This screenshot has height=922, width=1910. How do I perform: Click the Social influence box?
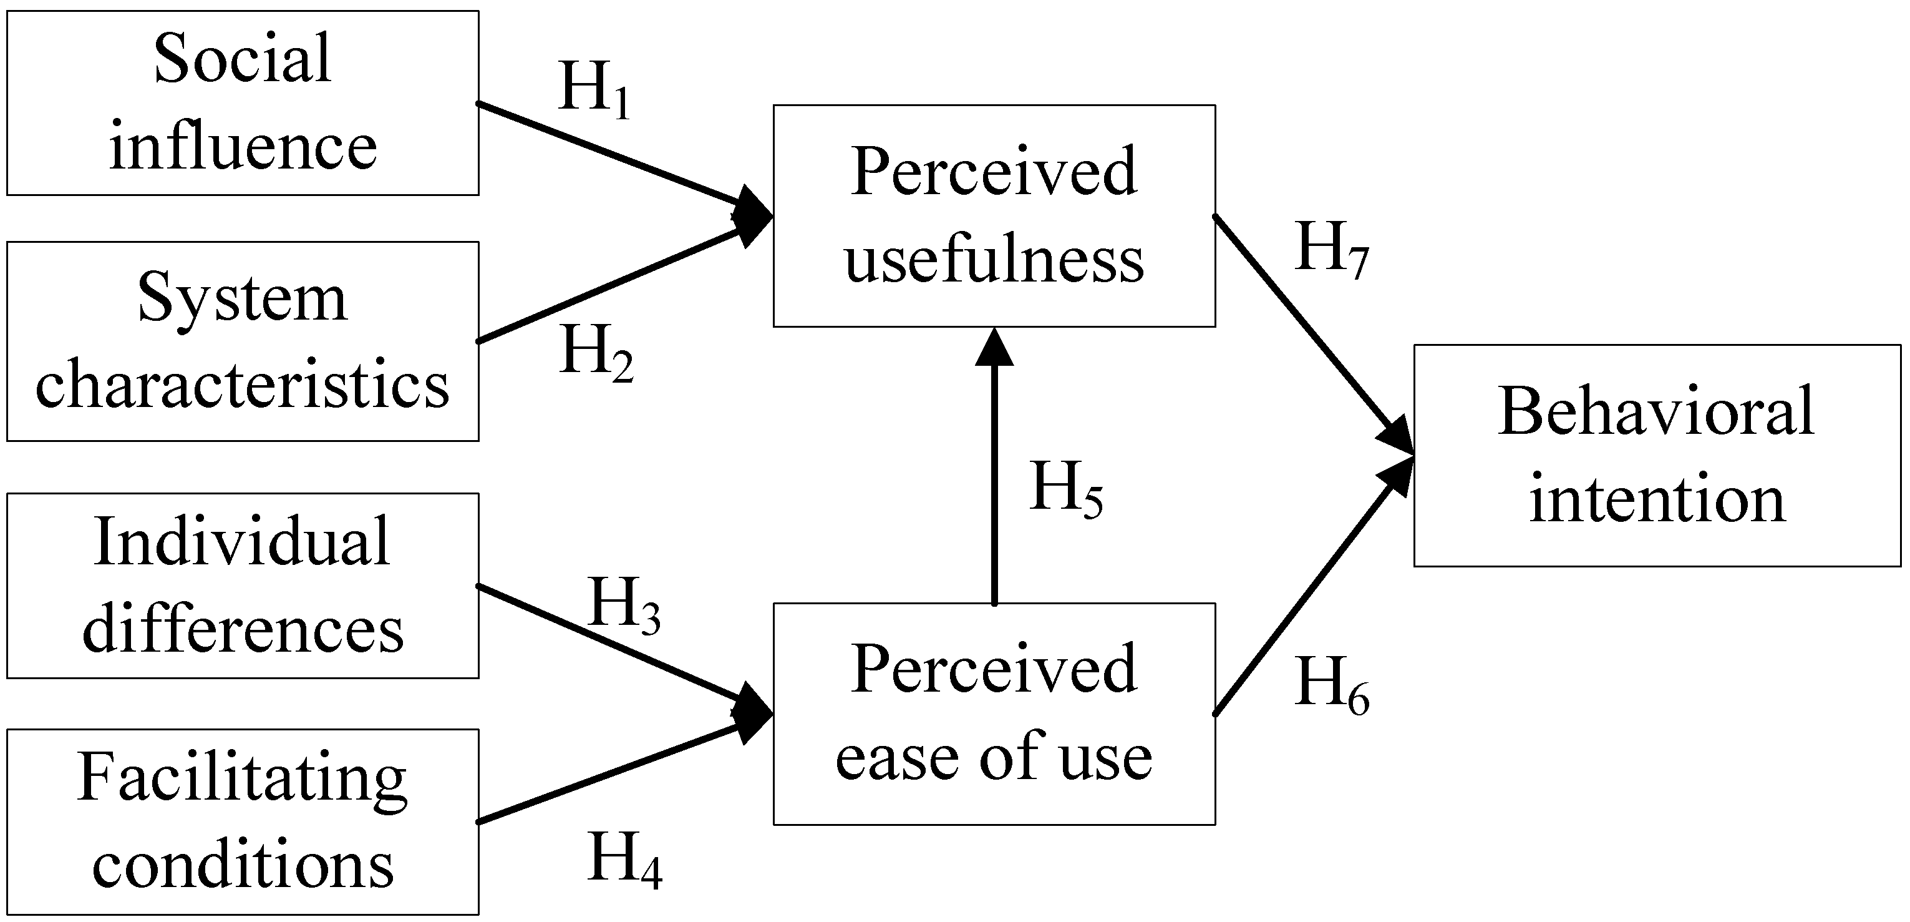coord(243,102)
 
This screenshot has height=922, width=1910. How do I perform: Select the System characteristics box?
coord(243,341)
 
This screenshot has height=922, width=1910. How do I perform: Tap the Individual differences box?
coord(243,586)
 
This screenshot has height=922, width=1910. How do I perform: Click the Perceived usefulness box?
coord(994,215)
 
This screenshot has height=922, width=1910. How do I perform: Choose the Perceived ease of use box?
coord(994,714)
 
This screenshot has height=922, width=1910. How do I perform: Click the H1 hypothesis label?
coord(594,90)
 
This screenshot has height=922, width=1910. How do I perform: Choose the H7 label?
coord(1331,249)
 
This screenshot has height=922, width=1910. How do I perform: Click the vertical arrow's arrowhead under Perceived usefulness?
coord(994,348)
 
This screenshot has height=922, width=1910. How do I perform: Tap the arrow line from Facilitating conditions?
coord(608,773)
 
